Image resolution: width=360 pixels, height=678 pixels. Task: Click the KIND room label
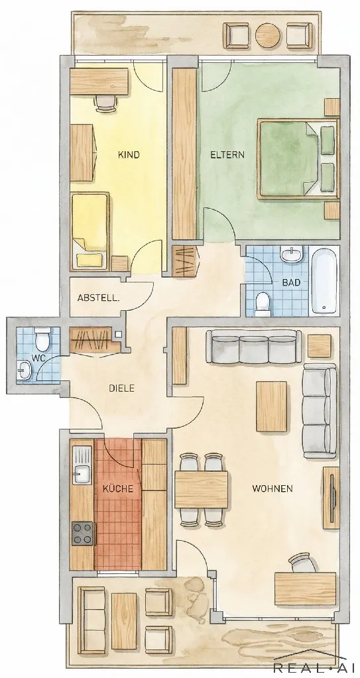129,155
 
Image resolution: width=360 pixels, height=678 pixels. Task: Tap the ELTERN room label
227,155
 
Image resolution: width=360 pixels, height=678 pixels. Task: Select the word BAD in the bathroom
291,283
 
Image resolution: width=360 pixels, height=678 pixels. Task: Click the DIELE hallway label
121,388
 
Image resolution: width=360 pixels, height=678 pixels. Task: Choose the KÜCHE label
118,489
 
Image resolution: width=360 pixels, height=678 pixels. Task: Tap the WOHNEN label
272,489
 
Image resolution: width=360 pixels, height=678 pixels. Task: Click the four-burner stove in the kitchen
82,534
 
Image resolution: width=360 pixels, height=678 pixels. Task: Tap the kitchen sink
82,465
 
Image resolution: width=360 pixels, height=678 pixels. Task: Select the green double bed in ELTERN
298,159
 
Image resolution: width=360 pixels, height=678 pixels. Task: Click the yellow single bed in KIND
90,232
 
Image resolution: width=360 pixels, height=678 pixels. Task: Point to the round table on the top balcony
269,35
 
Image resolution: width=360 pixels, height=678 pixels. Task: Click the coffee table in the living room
272,406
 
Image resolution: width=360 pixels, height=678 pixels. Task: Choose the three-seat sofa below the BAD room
253,347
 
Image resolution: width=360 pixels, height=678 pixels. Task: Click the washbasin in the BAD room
293,254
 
